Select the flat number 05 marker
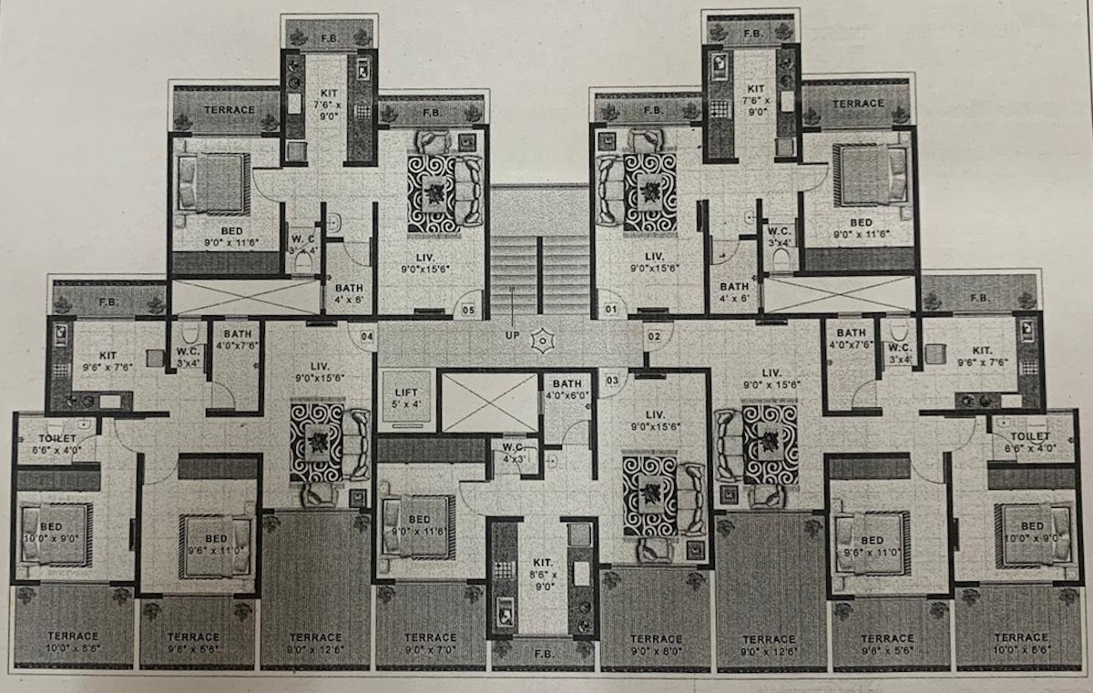click(468, 310)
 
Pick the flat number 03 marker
click(612, 380)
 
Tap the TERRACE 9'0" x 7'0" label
click(430, 643)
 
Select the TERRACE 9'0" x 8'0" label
click(656, 644)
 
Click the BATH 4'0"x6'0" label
click(567, 389)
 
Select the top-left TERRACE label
click(228, 110)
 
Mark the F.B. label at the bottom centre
click(543, 653)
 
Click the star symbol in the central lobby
click(544, 341)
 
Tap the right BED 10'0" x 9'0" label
click(1032, 532)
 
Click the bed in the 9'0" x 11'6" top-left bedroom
click(213, 182)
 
